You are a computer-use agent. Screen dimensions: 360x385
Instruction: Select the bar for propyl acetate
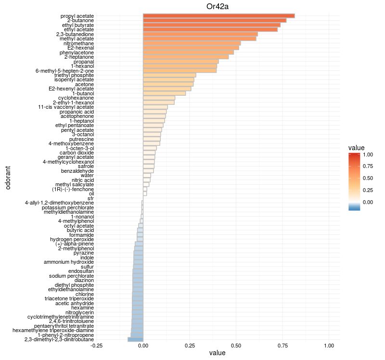point(219,16)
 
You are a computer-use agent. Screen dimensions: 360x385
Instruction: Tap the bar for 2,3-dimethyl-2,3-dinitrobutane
point(135,339)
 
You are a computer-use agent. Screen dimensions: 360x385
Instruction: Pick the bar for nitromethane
point(198,43)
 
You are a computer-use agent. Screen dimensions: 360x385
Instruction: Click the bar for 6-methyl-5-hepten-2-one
point(180,71)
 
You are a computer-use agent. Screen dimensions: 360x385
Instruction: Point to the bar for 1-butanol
point(164,93)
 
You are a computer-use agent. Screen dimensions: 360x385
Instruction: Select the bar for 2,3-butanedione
point(200,34)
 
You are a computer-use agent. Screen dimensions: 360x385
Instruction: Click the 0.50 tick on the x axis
point(236,346)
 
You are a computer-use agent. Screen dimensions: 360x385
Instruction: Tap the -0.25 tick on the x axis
point(97,346)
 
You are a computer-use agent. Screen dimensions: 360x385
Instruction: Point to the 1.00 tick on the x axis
point(329,346)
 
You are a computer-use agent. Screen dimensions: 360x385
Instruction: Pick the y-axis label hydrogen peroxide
point(72,239)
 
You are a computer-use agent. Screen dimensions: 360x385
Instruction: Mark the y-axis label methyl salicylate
point(75,184)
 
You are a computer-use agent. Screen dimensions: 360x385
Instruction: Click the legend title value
point(356,147)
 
